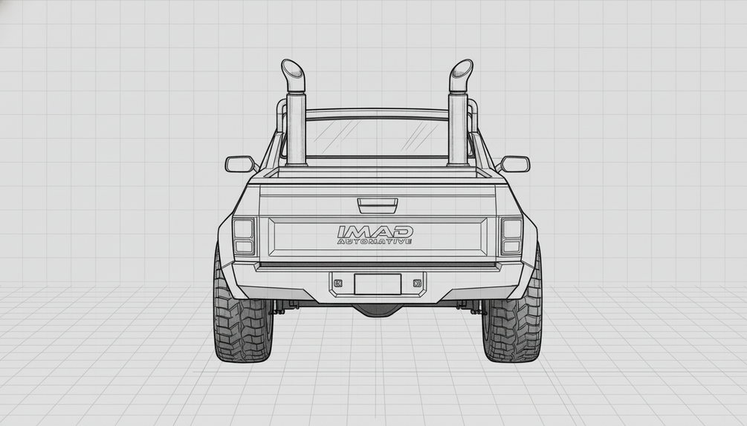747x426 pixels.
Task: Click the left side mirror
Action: pyautogui.click(x=239, y=164)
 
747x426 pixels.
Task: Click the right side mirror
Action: pyautogui.click(x=515, y=164)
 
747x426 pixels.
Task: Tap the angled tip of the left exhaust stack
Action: pyautogui.click(x=293, y=73)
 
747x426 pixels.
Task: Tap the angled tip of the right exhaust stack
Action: pyautogui.click(x=461, y=73)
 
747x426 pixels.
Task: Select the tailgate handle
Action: pyautogui.click(x=378, y=206)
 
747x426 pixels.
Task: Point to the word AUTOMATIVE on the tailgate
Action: pyautogui.click(x=375, y=241)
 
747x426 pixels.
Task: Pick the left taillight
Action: pyautogui.click(x=244, y=236)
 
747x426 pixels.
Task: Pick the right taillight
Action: pyautogui.click(x=511, y=236)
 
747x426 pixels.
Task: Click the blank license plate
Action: pyautogui.click(x=378, y=284)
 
